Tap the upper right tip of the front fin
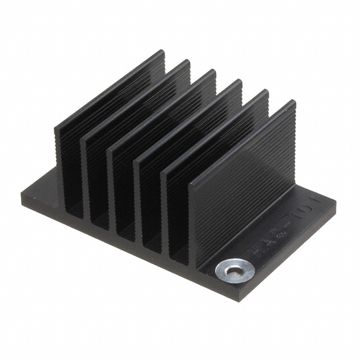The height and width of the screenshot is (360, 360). pyautogui.click(x=292, y=103)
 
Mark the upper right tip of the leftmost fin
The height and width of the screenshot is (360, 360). pyautogui.click(x=162, y=52)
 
